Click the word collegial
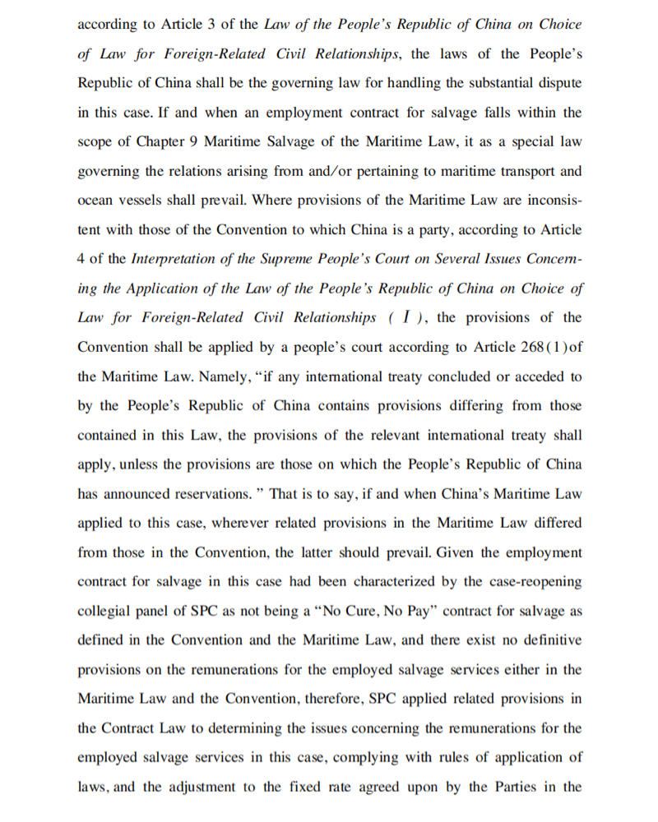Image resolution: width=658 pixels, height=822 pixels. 104,612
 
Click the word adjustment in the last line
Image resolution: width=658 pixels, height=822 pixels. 200,787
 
